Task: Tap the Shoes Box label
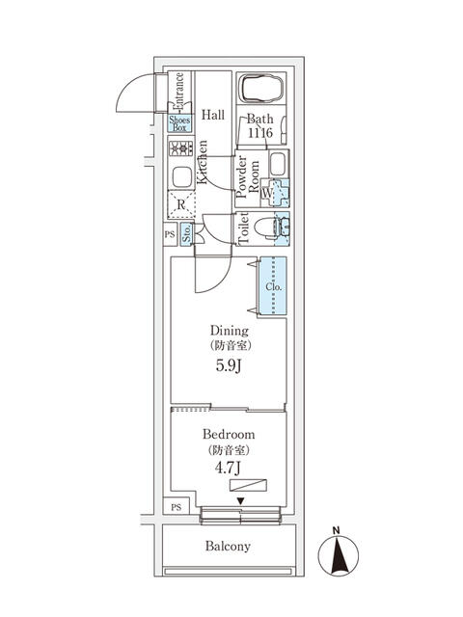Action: [180, 123]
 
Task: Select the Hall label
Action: [213, 115]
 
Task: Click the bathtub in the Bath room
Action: [260, 91]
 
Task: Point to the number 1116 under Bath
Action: [260, 131]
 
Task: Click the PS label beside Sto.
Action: [169, 233]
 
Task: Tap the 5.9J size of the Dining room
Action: [229, 366]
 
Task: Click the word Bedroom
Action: [229, 435]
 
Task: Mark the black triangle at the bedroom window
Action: [240, 500]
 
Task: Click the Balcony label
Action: [228, 547]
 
